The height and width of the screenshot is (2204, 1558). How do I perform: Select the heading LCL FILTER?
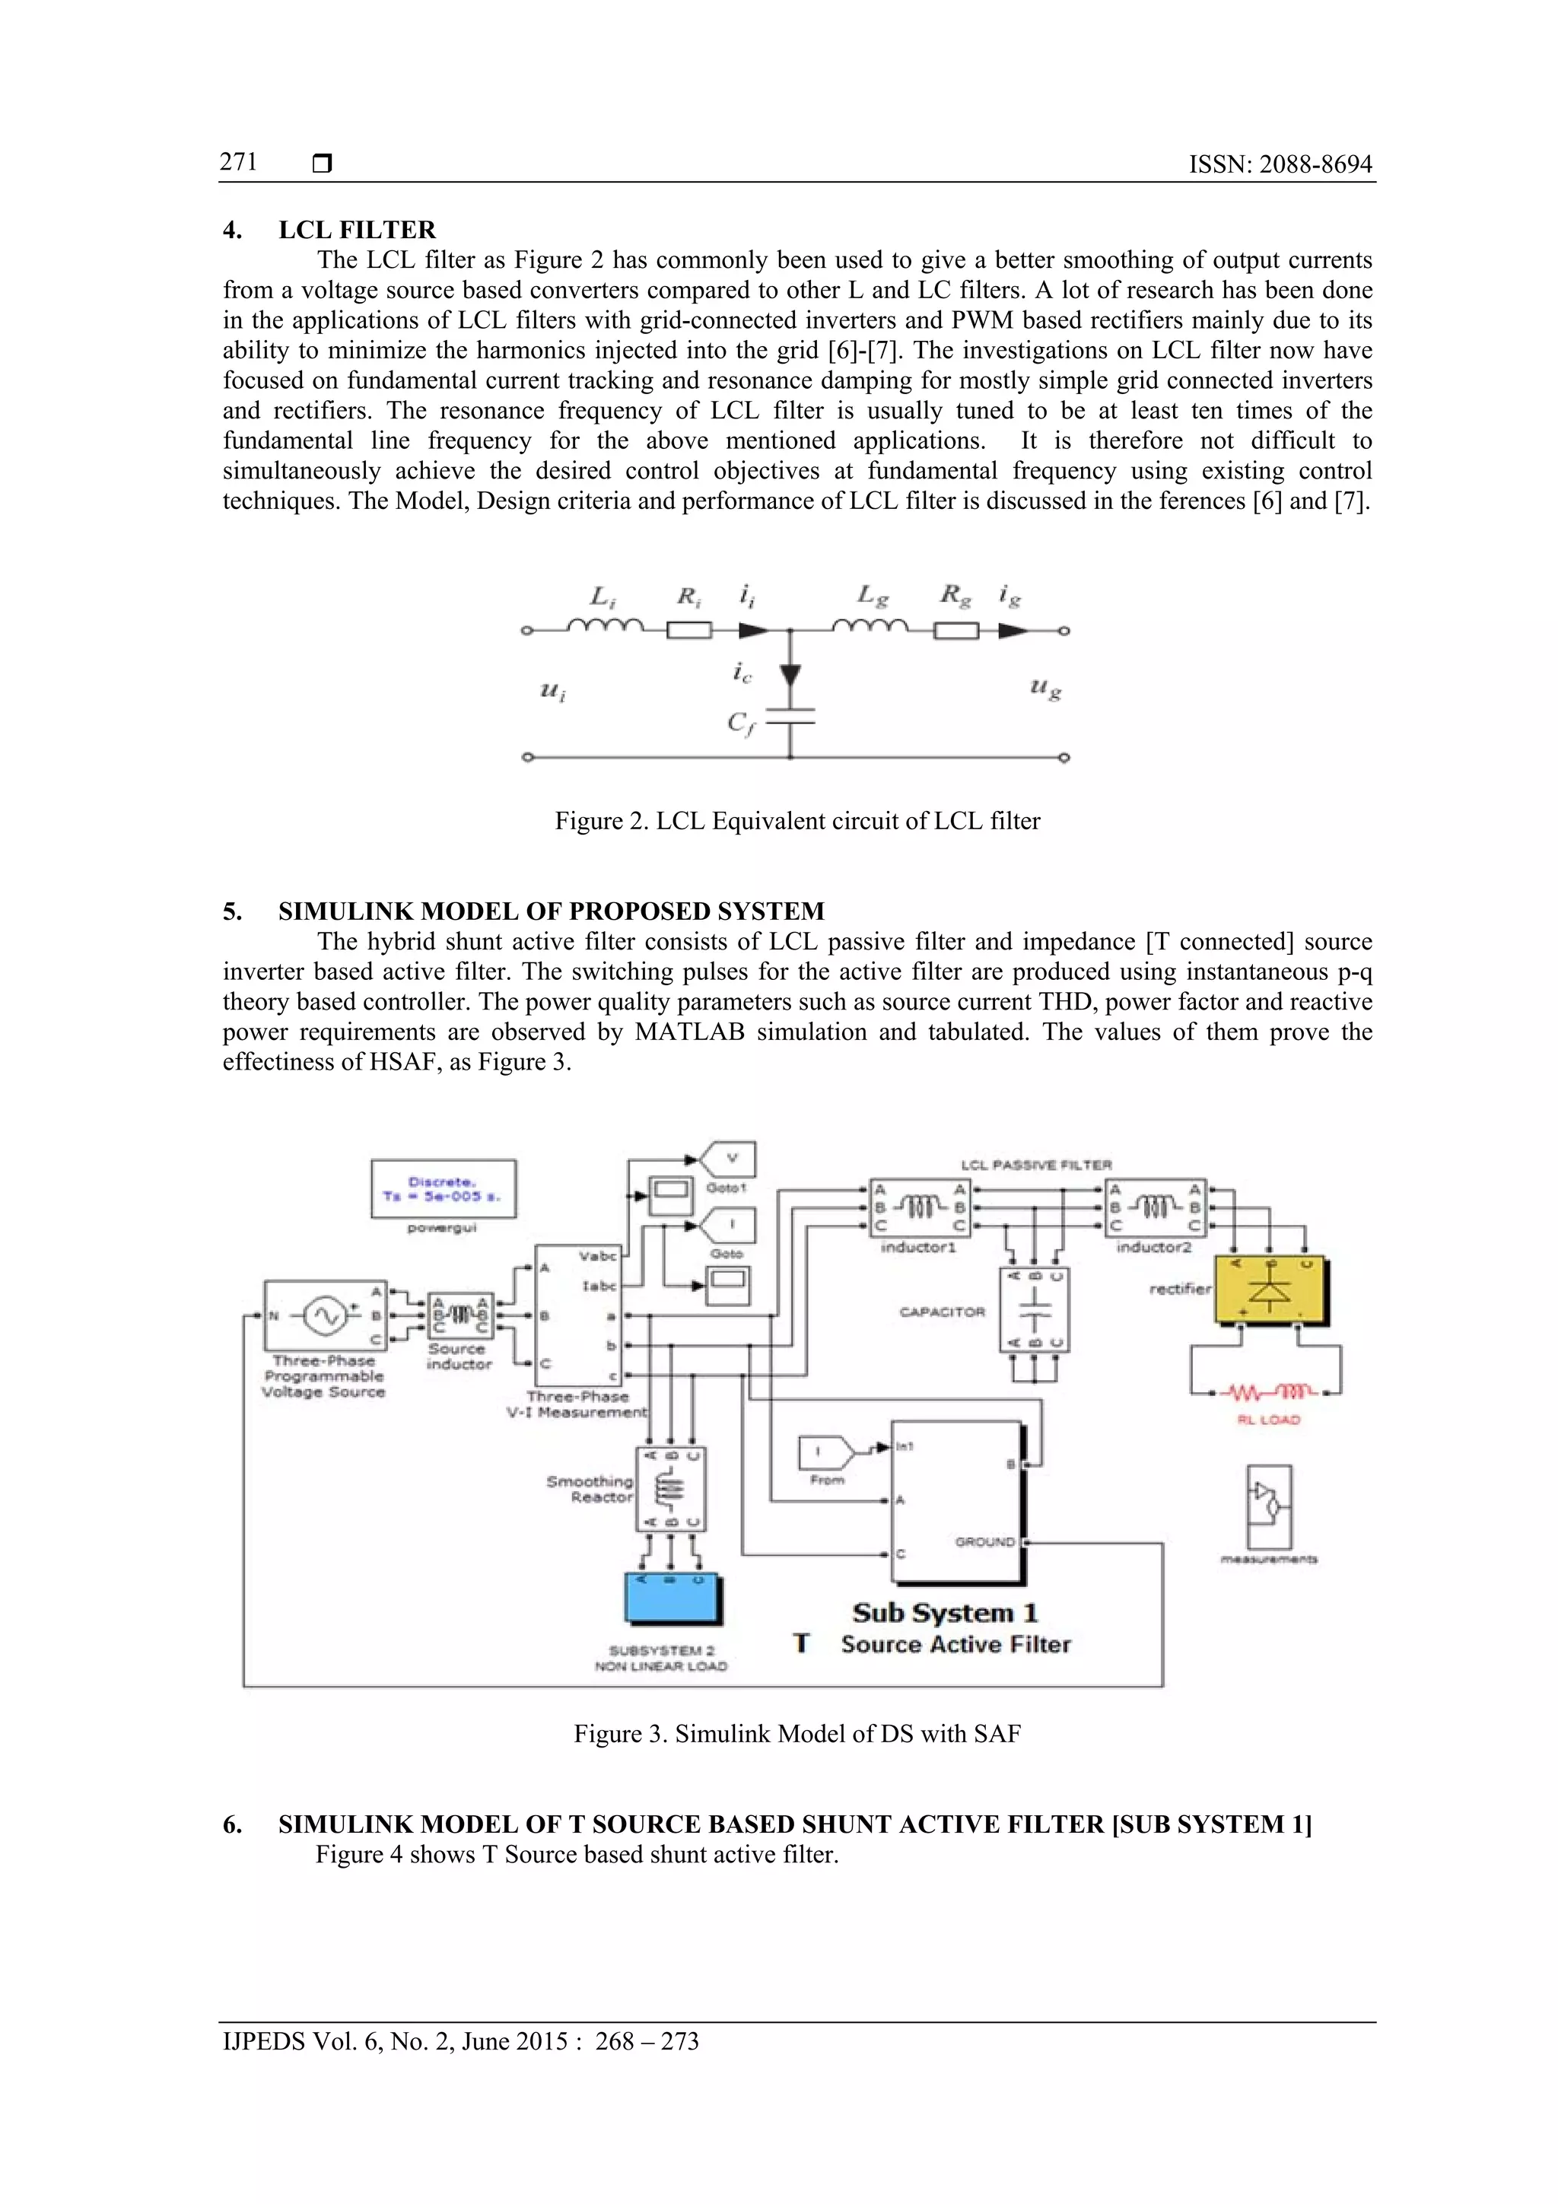pos(356,230)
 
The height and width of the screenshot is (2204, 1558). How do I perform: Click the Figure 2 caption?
pos(796,821)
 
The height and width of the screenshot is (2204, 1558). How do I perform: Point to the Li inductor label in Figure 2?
pos(603,597)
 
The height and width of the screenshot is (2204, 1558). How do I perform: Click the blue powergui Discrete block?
pos(444,1188)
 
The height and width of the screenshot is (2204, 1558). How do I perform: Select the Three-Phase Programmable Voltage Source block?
pos(326,1315)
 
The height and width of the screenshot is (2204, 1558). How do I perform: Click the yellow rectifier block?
pos(1272,1290)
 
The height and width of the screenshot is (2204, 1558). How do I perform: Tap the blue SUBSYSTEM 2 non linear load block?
pos(672,1599)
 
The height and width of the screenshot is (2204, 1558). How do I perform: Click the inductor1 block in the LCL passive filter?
pos(919,1207)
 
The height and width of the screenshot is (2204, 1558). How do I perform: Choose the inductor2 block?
pos(1155,1207)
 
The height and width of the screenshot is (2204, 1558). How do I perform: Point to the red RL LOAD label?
pos(1268,1420)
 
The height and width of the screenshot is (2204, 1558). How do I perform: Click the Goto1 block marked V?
pos(730,1159)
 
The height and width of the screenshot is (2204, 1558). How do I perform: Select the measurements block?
pos(1268,1506)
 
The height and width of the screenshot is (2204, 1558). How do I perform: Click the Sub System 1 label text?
pos(945,1613)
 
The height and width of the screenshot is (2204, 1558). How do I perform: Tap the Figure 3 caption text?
pos(796,1734)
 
